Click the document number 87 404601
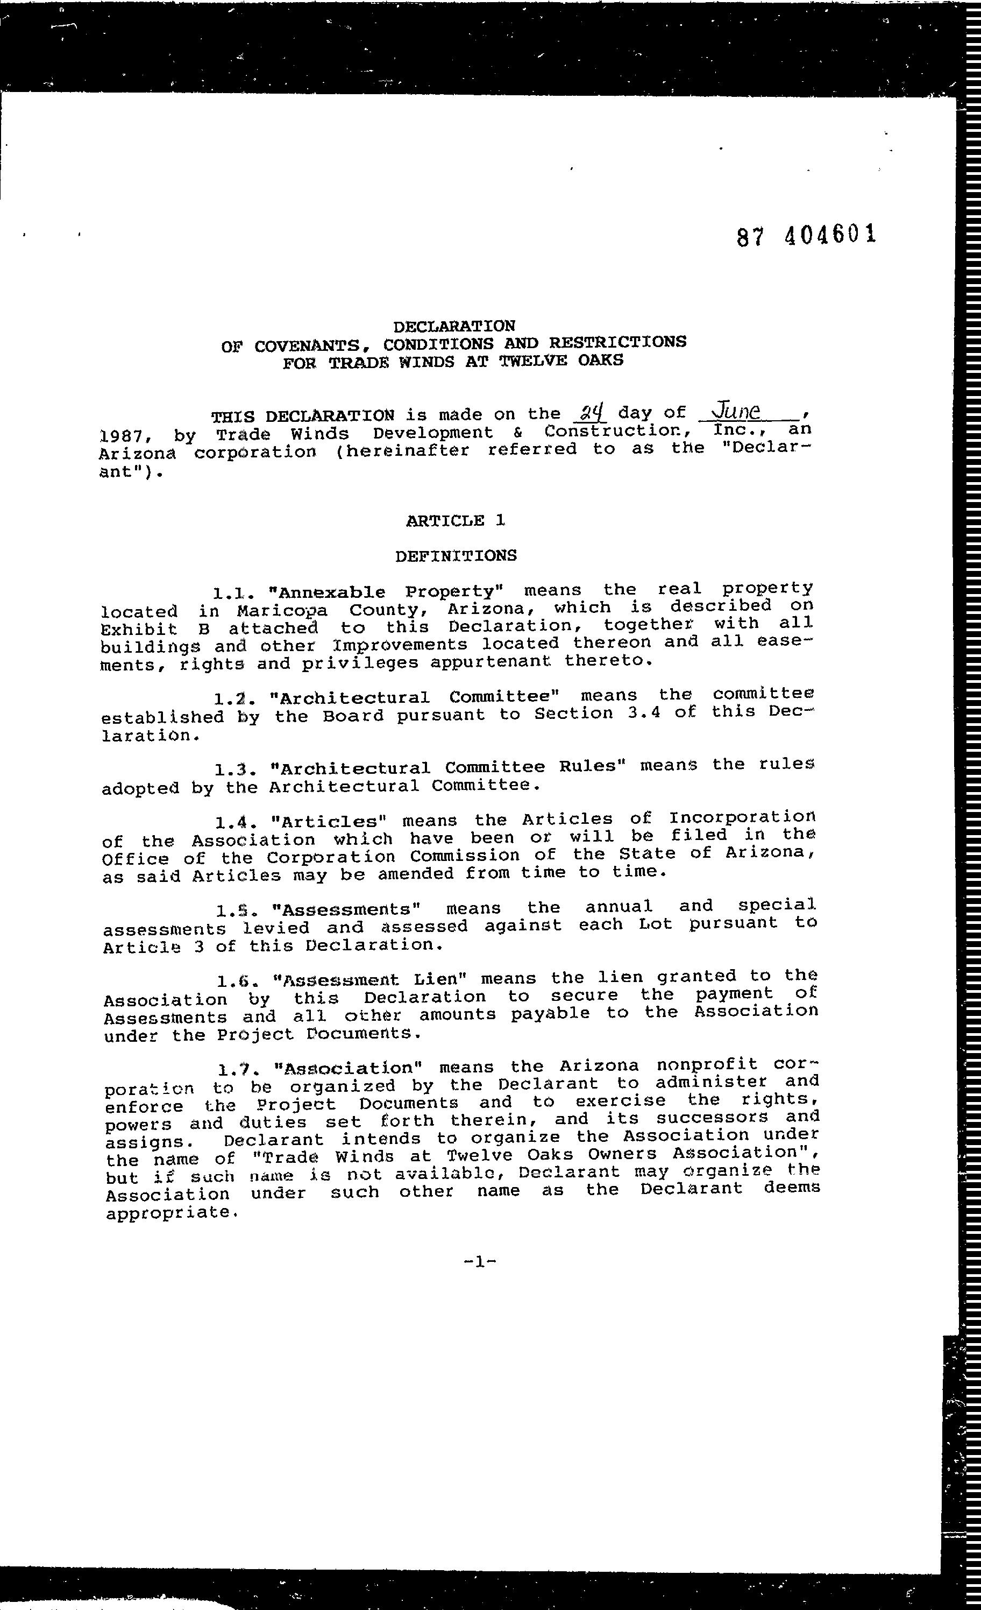point(805,235)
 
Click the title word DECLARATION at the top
point(454,326)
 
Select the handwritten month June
point(738,411)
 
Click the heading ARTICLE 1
point(455,521)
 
